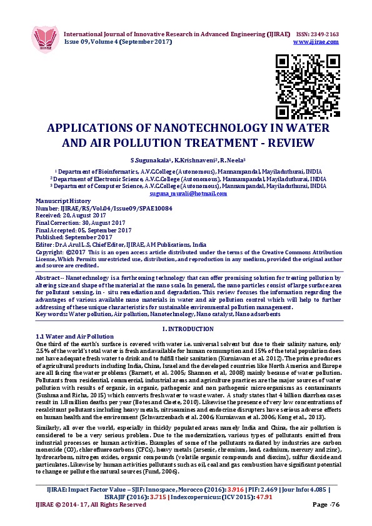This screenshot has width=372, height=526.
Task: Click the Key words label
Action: [51, 314]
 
